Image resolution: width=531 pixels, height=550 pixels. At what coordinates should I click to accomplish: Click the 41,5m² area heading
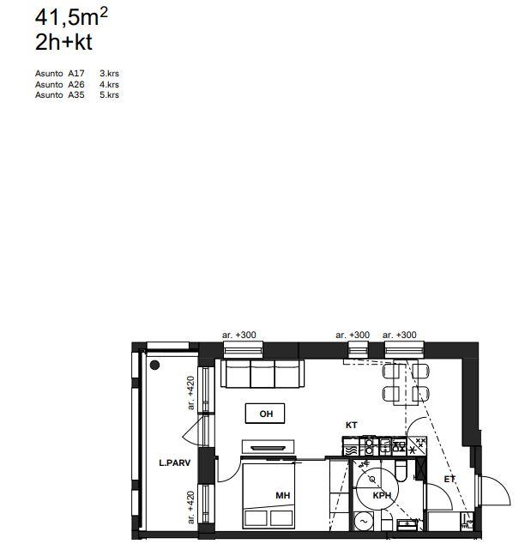pos(71,17)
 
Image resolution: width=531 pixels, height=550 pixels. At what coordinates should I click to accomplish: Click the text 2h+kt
pos(63,42)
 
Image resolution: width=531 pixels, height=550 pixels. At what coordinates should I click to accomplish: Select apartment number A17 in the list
pos(76,73)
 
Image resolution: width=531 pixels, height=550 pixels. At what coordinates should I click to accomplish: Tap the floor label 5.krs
pos(109,94)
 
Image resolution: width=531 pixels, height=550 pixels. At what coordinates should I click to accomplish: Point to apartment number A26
pos(76,85)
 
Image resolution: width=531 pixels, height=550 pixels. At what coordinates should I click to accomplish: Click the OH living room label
pos(266,414)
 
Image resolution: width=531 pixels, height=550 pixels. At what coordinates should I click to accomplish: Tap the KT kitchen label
pos(351,425)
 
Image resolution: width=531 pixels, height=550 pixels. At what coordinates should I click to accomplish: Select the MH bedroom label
pos(283,495)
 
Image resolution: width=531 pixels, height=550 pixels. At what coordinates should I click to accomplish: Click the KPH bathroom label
pos(382,495)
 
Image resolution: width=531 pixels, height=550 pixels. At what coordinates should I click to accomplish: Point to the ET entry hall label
pos(450,479)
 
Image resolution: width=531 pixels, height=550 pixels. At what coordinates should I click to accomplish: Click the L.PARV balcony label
pos(175,463)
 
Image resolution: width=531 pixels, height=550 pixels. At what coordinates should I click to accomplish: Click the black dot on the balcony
pos(154,366)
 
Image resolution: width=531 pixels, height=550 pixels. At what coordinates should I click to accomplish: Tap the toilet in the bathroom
pos(401,471)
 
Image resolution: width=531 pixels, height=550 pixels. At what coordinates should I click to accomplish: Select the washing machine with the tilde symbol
pos(364,521)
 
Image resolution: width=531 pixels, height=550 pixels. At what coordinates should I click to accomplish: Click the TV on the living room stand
pos(268,448)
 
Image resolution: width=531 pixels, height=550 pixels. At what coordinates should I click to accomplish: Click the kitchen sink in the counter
pos(385,446)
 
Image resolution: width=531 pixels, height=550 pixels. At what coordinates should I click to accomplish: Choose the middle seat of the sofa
pos(262,373)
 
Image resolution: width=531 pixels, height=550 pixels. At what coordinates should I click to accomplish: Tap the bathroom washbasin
pos(407,524)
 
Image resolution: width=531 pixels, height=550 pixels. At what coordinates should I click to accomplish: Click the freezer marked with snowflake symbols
pos(417,445)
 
